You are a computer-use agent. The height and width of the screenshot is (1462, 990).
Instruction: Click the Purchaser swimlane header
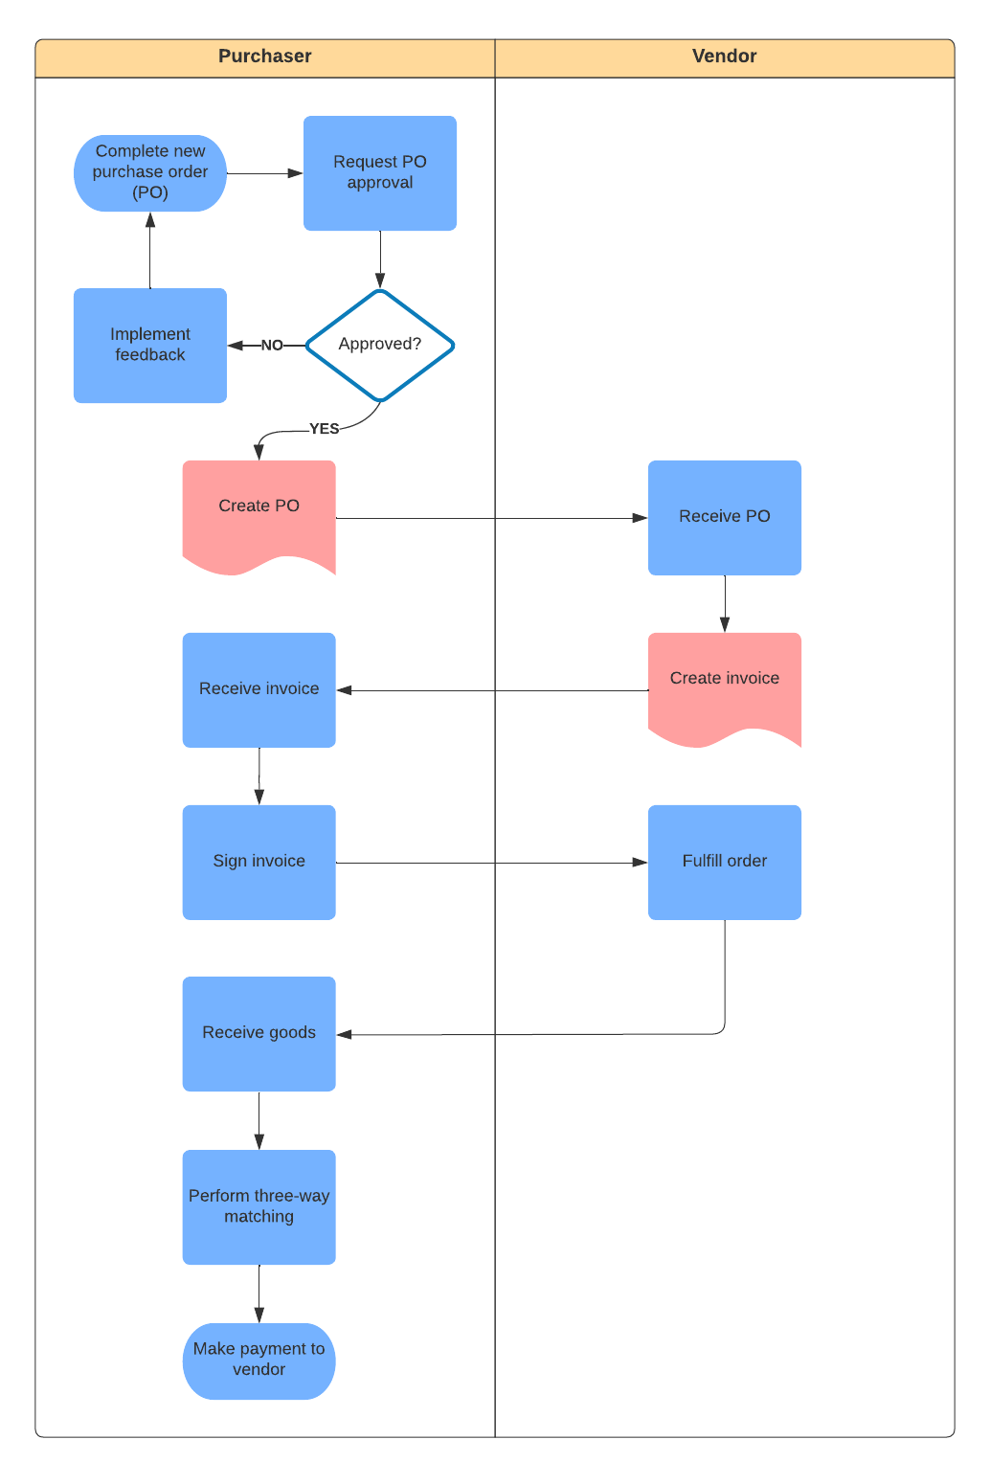pos(265,57)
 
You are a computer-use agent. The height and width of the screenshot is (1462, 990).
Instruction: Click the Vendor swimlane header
pos(724,57)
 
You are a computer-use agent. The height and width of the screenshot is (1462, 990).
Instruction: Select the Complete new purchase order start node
pos(150,173)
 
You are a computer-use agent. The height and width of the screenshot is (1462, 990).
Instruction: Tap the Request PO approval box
pos(380,173)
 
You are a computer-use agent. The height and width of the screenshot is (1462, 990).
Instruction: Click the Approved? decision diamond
pos(380,345)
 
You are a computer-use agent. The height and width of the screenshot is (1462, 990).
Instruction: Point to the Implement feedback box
pos(150,345)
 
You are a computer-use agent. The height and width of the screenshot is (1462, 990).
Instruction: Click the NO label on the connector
pos(272,346)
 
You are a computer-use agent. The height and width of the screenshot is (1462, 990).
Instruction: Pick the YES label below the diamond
pos(324,429)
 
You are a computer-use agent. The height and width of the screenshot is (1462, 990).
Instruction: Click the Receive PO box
pos(724,517)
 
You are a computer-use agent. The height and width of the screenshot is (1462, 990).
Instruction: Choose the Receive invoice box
pos(259,689)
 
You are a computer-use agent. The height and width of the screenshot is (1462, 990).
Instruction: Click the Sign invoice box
pos(259,862)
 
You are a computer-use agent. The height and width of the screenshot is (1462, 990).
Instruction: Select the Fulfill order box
pos(724,862)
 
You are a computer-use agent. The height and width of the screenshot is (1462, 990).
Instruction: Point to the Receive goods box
pos(259,1033)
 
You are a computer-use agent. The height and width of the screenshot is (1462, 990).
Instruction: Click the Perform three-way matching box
pos(259,1206)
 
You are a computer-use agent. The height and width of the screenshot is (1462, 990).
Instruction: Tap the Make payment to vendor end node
pos(259,1361)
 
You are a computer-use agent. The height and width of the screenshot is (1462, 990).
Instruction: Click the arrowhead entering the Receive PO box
pos(640,518)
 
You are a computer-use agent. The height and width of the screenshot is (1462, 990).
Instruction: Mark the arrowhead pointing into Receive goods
pos(345,1034)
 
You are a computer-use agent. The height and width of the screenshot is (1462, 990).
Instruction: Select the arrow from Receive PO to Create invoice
pos(725,603)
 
